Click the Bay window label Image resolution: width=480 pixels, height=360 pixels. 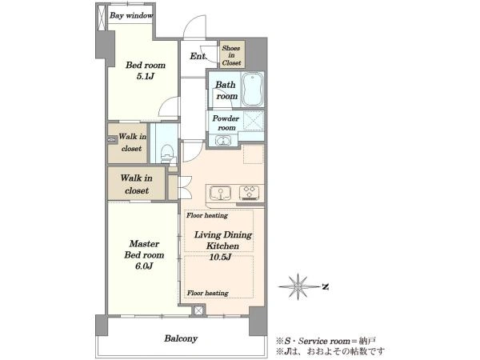(131, 15)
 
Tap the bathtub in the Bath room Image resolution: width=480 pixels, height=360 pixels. (253, 90)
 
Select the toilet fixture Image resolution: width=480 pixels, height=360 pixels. (167, 153)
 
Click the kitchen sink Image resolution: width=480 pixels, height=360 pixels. (220, 193)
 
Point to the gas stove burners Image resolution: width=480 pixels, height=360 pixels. (249, 193)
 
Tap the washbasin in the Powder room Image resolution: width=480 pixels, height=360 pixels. (223, 141)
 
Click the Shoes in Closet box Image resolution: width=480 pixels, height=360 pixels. (232, 55)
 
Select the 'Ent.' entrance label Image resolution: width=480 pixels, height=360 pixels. (198, 56)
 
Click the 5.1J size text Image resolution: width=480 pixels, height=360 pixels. (145, 76)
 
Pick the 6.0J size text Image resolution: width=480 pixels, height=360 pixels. (144, 266)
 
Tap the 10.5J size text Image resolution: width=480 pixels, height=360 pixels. (220, 257)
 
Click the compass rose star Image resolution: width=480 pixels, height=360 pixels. (298, 286)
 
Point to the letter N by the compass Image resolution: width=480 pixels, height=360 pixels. (326, 287)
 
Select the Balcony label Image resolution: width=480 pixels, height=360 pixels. (181, 338)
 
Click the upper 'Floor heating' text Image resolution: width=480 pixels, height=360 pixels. (207, 215)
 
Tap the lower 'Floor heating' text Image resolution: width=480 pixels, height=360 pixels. (207, 293)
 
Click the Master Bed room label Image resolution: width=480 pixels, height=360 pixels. (144, 249)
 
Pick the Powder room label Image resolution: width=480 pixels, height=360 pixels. (226, 122)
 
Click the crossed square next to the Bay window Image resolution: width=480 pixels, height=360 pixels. (102, 18)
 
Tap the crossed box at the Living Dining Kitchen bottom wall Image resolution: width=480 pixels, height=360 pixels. (198, 310)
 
